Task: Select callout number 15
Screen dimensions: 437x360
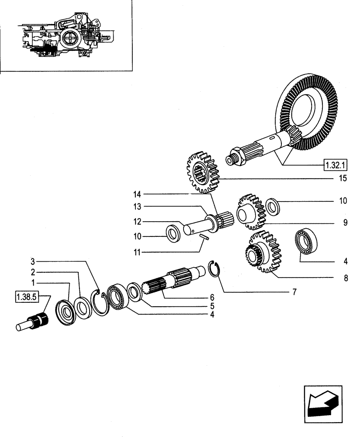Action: click(x=343, y=178)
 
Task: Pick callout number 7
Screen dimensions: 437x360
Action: click(x=294, y=292)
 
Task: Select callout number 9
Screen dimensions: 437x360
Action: click(x=345, y=223)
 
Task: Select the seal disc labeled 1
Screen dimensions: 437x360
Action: click(x=66, y=312)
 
